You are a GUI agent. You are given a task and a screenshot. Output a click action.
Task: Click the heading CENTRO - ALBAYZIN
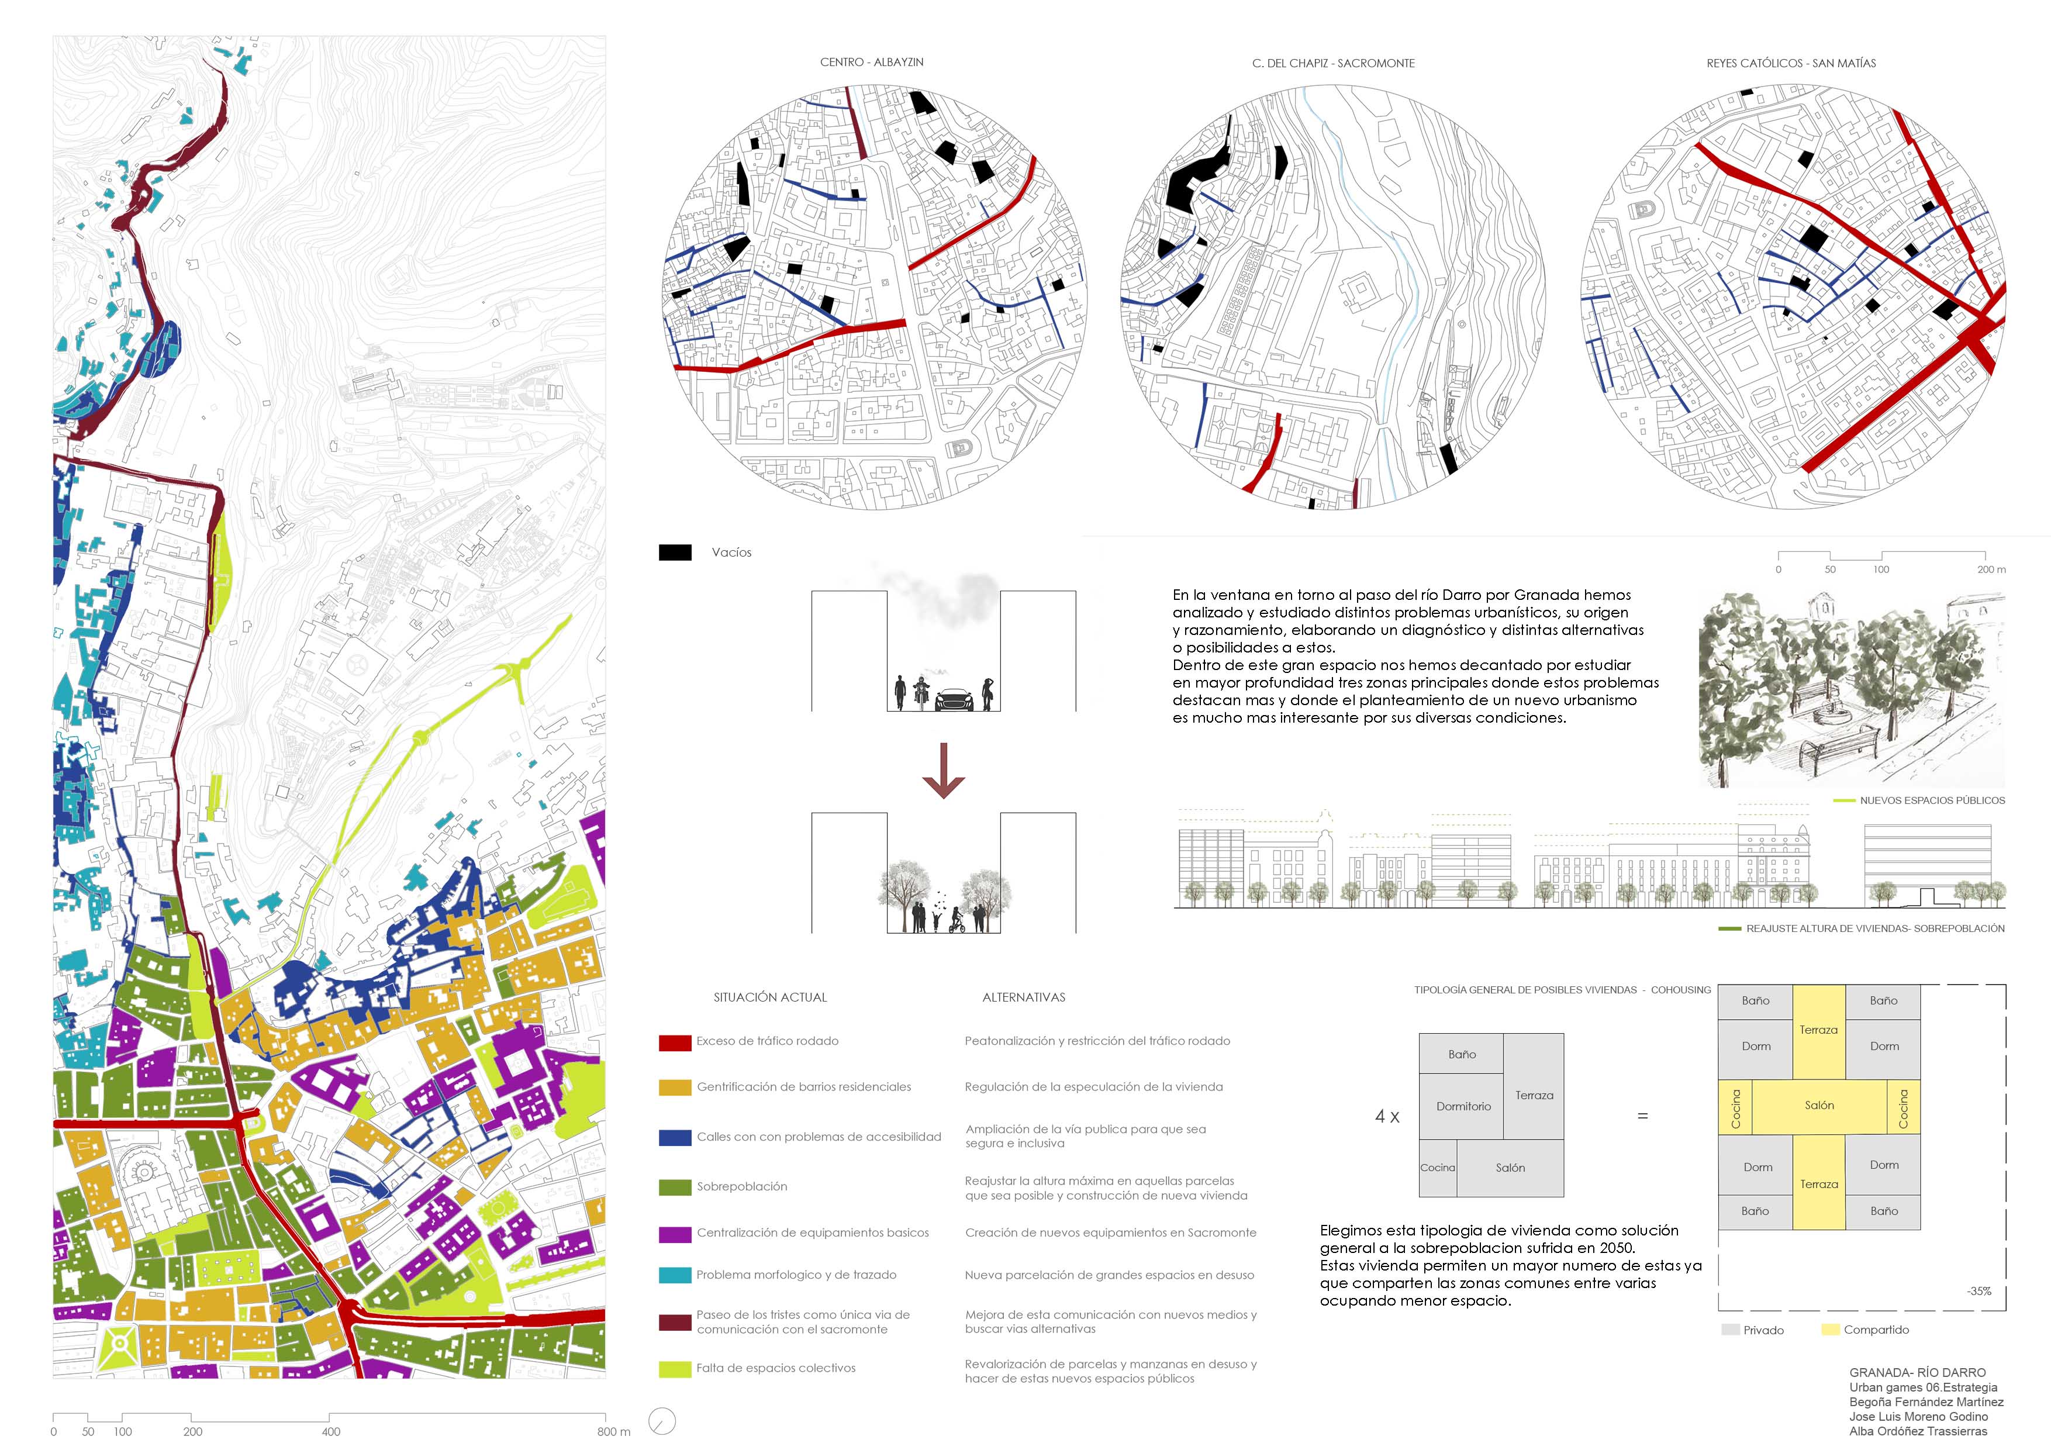click(x=872, y=63)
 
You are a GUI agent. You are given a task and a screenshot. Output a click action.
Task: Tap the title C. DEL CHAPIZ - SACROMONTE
click(x=1333, y=63)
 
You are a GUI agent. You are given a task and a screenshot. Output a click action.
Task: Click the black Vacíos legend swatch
click(x=675, y=553)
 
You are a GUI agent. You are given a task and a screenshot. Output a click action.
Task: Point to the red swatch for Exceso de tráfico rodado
click(x=675, y=1042)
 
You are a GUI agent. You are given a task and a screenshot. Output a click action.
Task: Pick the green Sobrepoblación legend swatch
click(x=675, y=1187)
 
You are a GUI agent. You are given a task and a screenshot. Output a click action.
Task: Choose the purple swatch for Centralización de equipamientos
click(x=675, y=1235)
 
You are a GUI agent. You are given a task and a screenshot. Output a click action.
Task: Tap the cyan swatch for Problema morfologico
click(x=675, y=1276)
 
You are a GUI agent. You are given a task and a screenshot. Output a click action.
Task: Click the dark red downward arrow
click(x=943, y=770)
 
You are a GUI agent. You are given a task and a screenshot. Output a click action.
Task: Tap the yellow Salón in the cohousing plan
click(x=1819, y=1106)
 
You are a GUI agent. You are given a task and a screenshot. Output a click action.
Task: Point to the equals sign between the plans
click(x=1642, y=1117)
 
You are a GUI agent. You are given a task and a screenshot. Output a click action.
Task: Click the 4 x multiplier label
click(x=1387, y=1117)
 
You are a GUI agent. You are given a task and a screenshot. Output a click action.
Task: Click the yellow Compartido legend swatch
click(x=1831, y=1330)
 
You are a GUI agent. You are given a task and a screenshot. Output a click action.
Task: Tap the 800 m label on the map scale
click(x=614, y=1432)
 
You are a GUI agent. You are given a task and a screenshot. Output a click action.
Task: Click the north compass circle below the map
click(x=662, y=1421)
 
